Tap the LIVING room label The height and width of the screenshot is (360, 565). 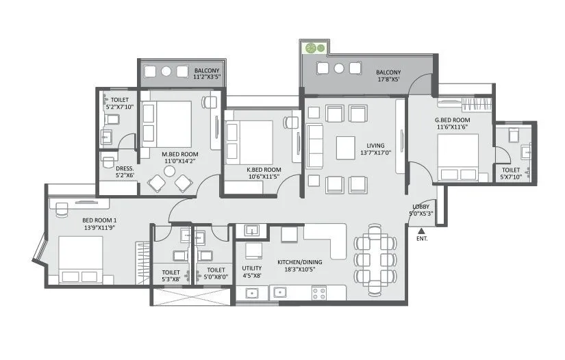coord(375,145)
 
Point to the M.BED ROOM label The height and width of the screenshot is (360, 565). coord(179,154)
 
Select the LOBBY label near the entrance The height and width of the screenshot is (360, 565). coord(420,207)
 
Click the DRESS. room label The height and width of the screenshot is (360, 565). coord(124,168)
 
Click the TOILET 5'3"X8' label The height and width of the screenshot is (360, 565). coord(171,274)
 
